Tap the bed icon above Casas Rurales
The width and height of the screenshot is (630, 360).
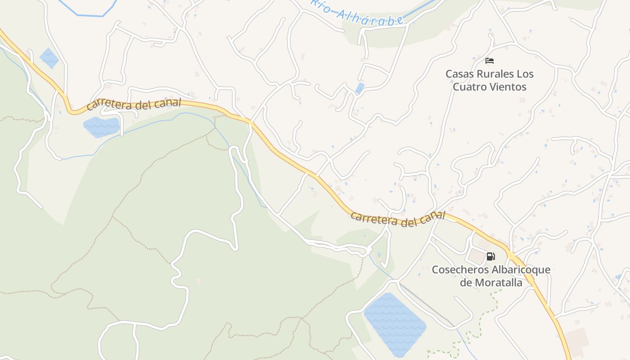point(490,61)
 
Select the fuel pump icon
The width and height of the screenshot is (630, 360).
point(490,256)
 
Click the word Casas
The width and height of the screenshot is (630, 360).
point(460,74)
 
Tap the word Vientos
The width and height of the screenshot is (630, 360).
point(509,87)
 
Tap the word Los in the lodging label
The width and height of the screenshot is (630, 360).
point(525,74)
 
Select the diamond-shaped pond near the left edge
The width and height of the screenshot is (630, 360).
point(49,58)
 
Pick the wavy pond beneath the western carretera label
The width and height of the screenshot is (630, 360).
point(102,126)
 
